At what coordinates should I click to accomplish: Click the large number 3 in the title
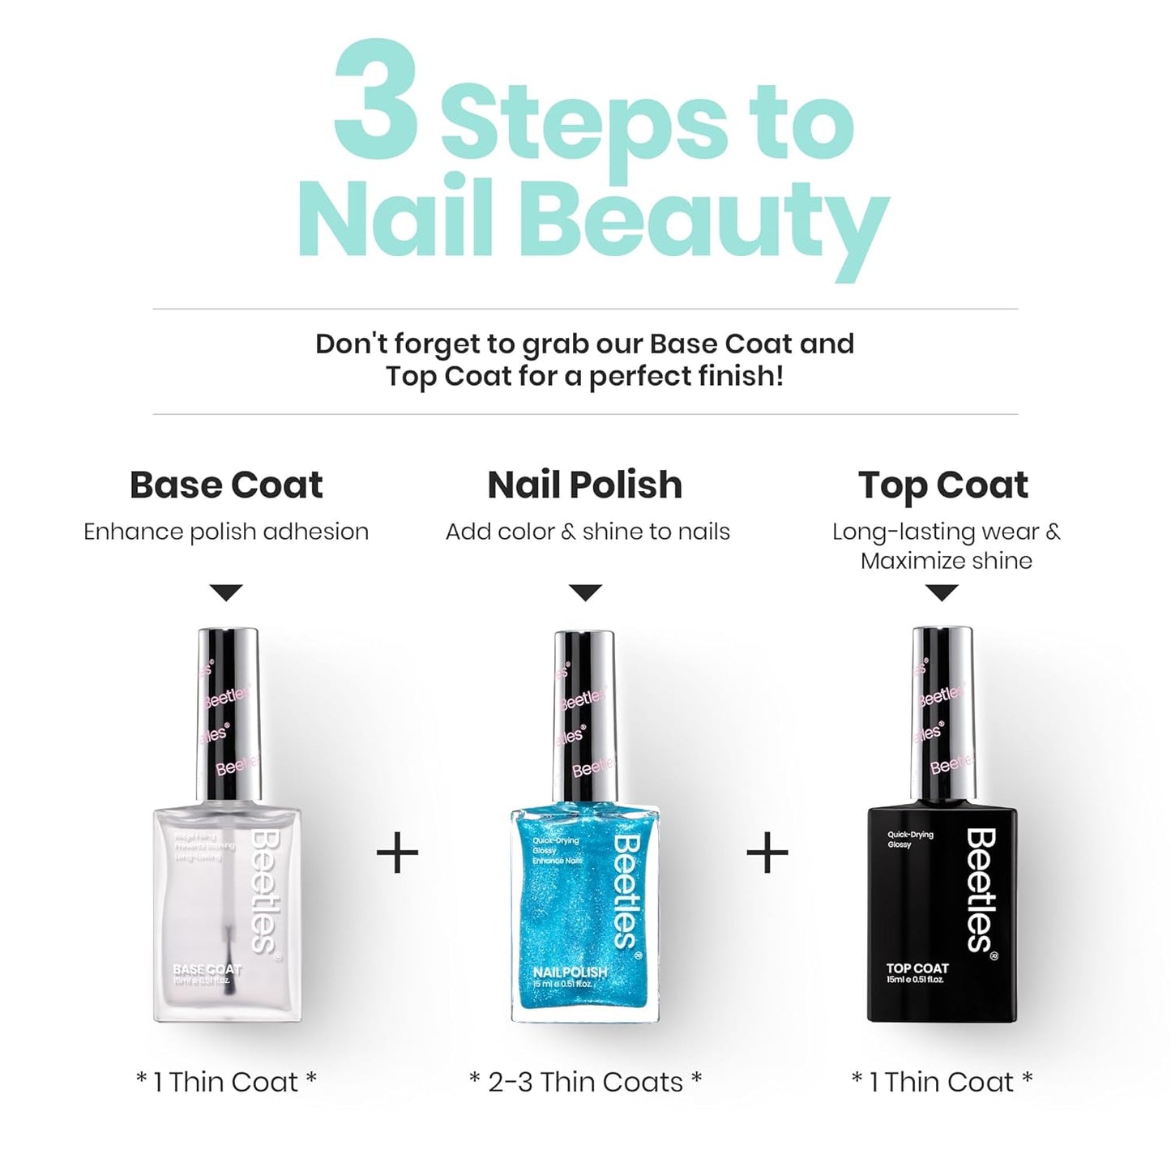pyautogui.click(x=377, y=101)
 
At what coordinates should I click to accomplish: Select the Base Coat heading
pyautogui.click(x=226, y=485)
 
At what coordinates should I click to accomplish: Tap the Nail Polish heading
pyautogui.click(x=584, y=485)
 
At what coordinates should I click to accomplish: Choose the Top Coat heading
pyautogui.click(x=942, y=485)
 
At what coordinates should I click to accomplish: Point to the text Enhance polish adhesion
pyautogui.click(x=226, y=532)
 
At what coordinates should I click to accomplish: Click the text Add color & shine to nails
pyautogui.click(x=588, y=532)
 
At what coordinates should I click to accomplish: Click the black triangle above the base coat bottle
pyautogui.click(x=226, y=592)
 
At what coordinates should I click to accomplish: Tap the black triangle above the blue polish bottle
pyautogui.click(x=585, y=592)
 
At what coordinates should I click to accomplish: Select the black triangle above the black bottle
pyautogui.click(x=941, y=592)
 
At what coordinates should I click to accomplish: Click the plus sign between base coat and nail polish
pyautogui.click(x=398, y=853)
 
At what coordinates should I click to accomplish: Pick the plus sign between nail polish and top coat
pyautogui.click(x=767, y=853)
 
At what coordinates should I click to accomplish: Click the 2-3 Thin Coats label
pyautogui.click(x=585, y=1082)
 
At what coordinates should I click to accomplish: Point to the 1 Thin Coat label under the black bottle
pyautogui.click(x=942, y=1082)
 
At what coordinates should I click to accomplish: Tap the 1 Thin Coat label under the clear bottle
pyautogui.click(x=226, y=1082)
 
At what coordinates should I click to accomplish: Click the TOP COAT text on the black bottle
pyautogui.click(x=917, y=968)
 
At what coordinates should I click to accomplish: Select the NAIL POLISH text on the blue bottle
pyautogui.click(x=570, y=972)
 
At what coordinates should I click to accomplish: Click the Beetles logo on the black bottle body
pyautogui.click(x=981, y=890)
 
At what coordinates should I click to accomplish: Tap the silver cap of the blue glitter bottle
pyautogui.click(x=584, y=713)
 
